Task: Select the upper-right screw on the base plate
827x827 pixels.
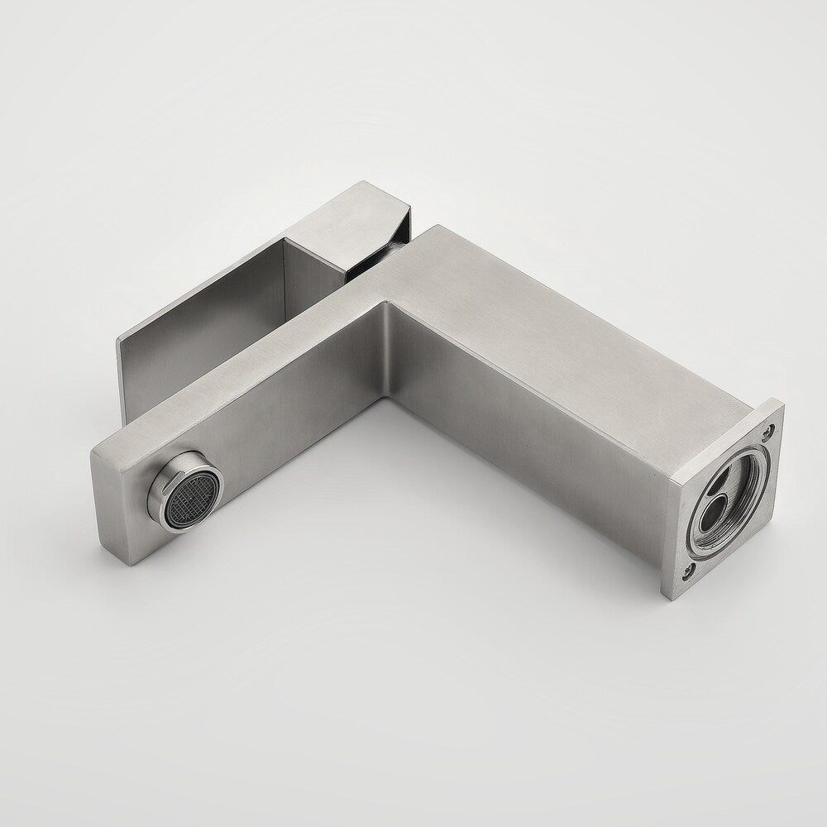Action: pos(769,431)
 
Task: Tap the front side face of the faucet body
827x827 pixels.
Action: pos(529,430)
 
